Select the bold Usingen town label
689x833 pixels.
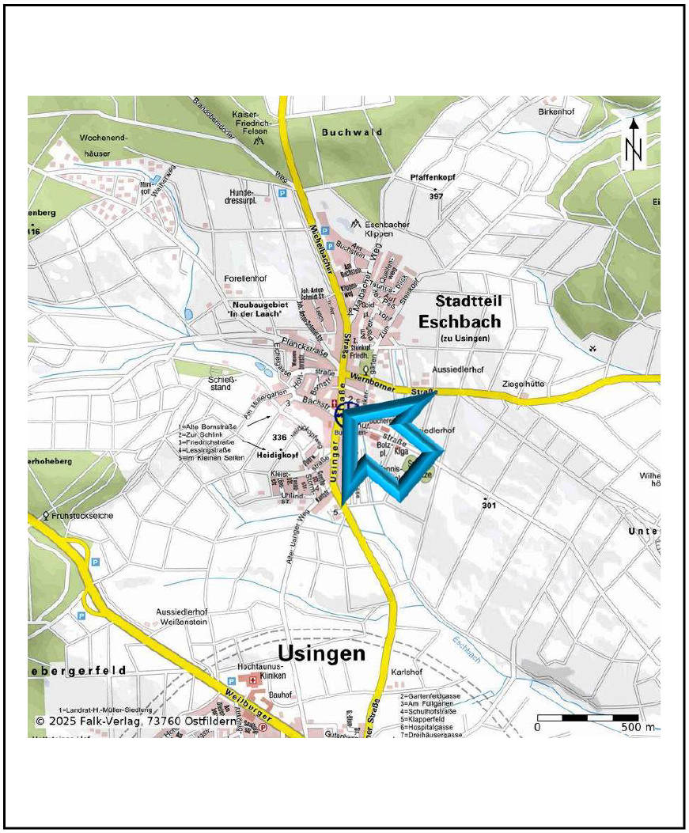click(322, 653)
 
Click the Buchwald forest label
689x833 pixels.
click(352, 133)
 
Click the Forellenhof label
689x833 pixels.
click(248, 278)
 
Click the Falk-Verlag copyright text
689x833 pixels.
click(137, 721)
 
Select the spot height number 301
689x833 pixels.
click(488, 505)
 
